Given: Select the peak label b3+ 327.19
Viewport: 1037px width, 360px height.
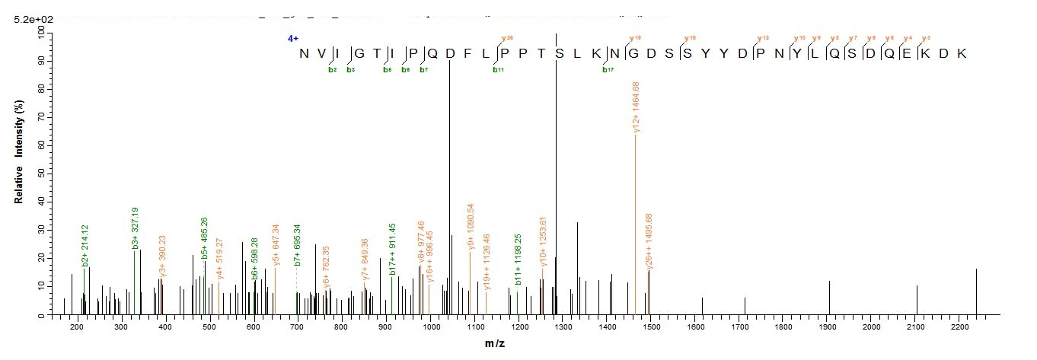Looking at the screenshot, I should coord(135,228).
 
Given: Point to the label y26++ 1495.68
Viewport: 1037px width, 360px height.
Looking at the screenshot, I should coord(649,241).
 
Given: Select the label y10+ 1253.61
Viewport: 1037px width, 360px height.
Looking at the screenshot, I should coord(543,244).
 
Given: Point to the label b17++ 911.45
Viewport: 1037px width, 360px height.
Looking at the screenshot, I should coord(393,250).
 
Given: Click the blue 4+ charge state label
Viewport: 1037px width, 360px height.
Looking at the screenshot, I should coord(292,38).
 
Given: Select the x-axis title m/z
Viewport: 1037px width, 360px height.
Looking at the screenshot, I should coord(494,344).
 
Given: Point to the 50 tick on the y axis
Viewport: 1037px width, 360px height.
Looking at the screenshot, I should coord(39,173).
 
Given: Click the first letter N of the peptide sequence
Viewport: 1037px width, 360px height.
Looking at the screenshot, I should coord(305,54).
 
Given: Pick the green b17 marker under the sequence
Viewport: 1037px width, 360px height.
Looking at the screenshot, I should coord(608,70).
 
